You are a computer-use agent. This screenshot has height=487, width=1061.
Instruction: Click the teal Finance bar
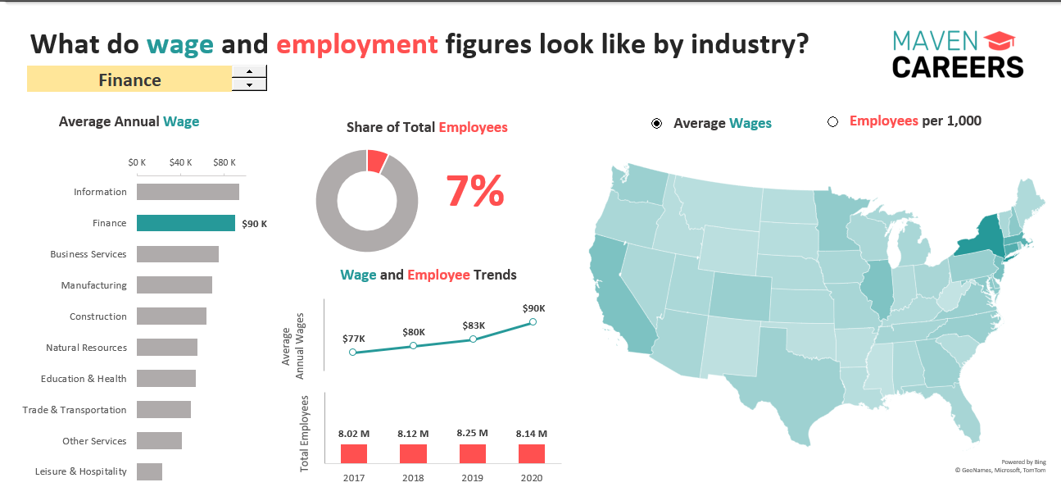click(x=186, y=223)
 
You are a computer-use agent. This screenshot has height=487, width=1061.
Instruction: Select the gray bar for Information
click(x=188, y=192)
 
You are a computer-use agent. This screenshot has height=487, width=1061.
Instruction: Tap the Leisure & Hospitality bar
click(x=149, y=471)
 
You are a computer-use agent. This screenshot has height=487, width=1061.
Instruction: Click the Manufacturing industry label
click(x=94, y=285)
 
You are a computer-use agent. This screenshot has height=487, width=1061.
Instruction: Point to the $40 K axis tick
click(x=181, y=162)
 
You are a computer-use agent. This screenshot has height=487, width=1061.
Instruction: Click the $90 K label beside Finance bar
click(x=255, y=224)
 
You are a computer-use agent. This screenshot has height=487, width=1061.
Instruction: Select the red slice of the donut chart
click(x=377, y=161)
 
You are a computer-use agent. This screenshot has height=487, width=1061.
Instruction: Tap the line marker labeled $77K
click(x=353, y=352)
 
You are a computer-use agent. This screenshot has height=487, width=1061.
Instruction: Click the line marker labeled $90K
click(x=533, y=321)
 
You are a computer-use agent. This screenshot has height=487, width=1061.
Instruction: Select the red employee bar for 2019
click(x=473, y=454)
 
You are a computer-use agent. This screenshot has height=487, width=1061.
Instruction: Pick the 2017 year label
click(x=354, y=478)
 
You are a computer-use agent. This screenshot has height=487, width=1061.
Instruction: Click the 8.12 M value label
click(x=413, y=433)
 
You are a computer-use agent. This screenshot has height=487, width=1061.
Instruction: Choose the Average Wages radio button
click(x=657, y=123)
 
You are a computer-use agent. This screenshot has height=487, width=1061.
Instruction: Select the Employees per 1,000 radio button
click(x=833, y=122)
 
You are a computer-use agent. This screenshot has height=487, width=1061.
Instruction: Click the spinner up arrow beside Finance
click(x=249, y=71)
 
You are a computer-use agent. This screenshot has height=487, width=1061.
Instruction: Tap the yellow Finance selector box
click(x=129, y=80)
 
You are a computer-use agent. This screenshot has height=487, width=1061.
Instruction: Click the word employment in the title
click(x=357, y=43)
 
